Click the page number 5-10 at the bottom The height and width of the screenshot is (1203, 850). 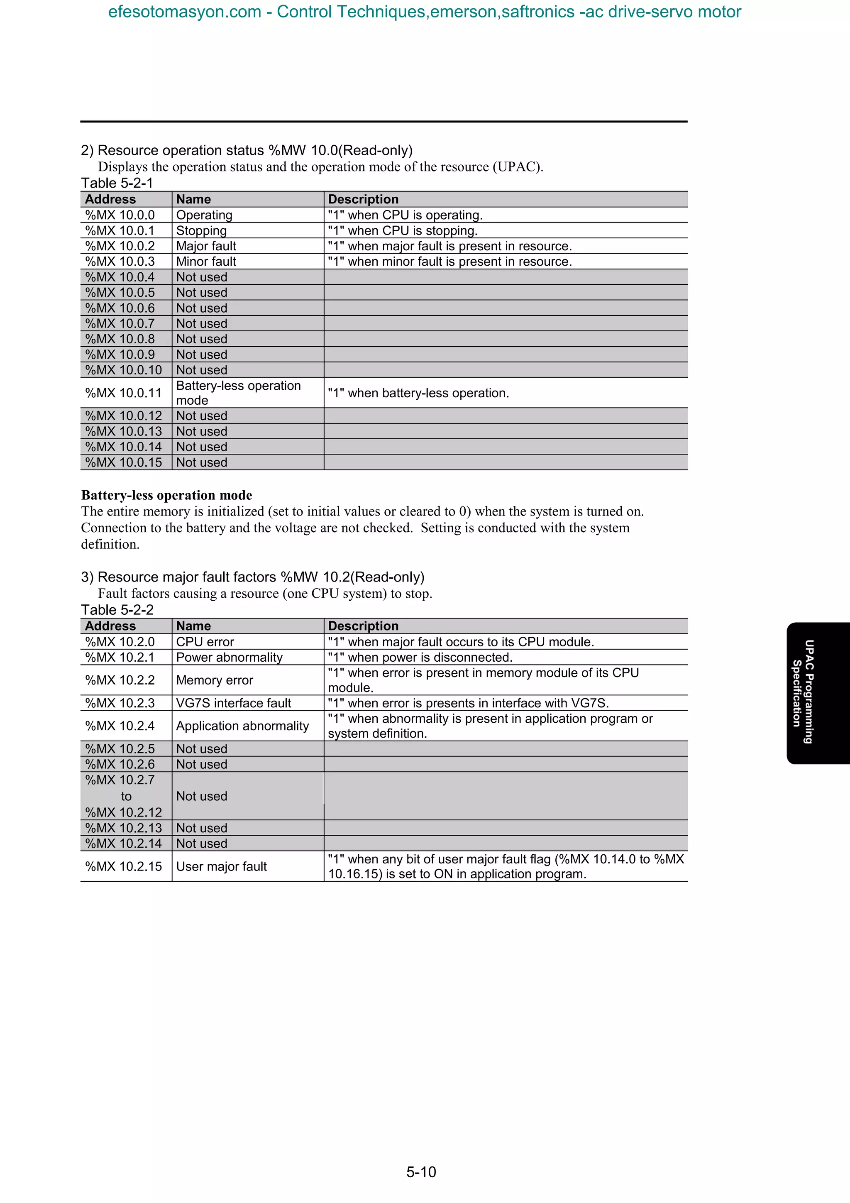[x=421, y=1171]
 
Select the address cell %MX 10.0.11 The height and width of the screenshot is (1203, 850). [x=124, y=393]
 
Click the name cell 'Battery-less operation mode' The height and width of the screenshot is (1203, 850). [x=238, y=393]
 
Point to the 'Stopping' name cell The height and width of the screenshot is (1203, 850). [x=202, y=230]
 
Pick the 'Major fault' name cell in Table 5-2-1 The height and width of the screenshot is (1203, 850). [x=206, y=246]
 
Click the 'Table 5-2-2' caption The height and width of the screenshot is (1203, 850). [x=117, y=610]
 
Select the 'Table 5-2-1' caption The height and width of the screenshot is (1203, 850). [x=117, y=183]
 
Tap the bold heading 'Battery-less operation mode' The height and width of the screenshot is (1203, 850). [x=166, y=495]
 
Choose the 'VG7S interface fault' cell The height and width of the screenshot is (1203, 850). [x=234, y=703]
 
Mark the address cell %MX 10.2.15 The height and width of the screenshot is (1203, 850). [x=124, y=867]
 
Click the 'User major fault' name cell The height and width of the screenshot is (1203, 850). [x=222, y=867]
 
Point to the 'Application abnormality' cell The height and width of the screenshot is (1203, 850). [x=242, y=726]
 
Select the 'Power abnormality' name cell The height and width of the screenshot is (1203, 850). [x=230, y=658]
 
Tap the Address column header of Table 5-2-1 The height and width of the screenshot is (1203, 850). [x=110, y=199]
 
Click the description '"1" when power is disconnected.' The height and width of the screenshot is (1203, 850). [x=420, y=658]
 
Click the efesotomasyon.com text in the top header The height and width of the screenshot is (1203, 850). [x=184, y=12]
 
